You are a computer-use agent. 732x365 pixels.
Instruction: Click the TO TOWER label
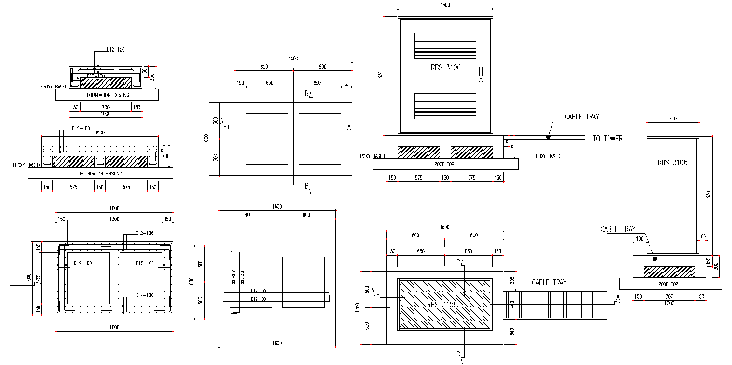pos(608,139)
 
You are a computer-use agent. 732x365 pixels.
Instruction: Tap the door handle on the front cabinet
pos(481,73)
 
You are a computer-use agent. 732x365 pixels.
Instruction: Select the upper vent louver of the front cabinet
pos(445,45)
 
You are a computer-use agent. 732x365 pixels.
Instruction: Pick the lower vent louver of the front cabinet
pos(445,106)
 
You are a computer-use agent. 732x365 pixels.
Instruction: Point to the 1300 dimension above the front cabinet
pos(445,5)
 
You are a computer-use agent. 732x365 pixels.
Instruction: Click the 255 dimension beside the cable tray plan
pos(512,279)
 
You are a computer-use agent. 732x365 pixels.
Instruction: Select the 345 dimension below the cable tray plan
pos(512,332)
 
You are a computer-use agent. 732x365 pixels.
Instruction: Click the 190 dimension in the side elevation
pos(640,238)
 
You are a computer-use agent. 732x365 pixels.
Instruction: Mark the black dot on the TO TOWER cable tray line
pos(548,137)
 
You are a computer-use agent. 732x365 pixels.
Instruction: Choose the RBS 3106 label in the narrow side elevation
pos(672,163)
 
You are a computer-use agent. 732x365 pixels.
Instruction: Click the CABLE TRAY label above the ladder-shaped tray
pos(549,282)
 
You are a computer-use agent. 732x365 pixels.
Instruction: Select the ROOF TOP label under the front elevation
pos(445,164)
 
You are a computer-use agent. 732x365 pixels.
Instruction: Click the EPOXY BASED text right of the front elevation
pos(547,156)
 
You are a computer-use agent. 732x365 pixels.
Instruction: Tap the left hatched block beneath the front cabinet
pos(418,152)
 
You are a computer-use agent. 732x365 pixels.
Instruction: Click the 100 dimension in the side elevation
pos(702,237)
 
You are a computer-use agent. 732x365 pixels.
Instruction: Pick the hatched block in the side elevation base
pos(669,272)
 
